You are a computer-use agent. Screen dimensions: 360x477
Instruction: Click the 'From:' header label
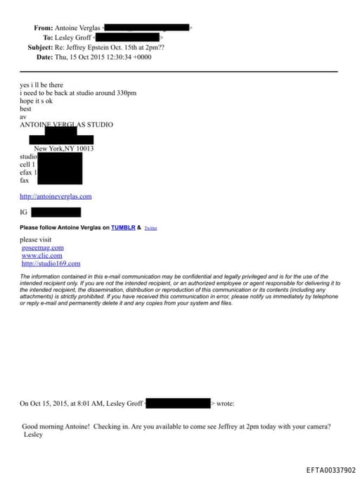click(43, 28)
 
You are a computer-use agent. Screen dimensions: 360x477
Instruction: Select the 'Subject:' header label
click(39, 47)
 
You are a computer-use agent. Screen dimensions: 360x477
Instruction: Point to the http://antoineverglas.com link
click(56, 196)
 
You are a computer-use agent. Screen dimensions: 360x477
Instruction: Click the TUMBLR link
click(124, 228)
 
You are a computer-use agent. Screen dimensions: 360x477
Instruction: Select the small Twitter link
click(150, 229)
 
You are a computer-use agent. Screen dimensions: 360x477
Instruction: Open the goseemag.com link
click(43, 248)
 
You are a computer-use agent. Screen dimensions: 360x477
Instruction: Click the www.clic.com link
click(41, 255)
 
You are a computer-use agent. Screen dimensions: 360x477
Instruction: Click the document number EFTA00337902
click(330, 470)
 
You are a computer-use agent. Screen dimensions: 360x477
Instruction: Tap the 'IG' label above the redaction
click(23, 212)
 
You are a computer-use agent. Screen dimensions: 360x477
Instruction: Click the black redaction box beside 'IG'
click(56, 212)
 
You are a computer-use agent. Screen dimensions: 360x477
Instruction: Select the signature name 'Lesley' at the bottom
click(33, 435)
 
